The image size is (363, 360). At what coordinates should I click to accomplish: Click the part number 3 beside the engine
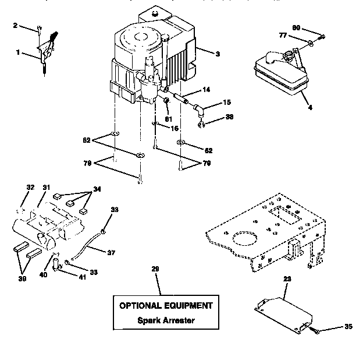tap(217, 54)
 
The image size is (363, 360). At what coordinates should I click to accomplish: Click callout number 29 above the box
tap(155, 269)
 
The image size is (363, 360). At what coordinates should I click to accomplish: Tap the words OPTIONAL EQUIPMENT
tap(166, 305)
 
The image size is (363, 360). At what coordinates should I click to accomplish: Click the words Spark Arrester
tap(166, 320)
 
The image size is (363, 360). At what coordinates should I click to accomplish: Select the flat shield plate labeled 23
tap(284, 311)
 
